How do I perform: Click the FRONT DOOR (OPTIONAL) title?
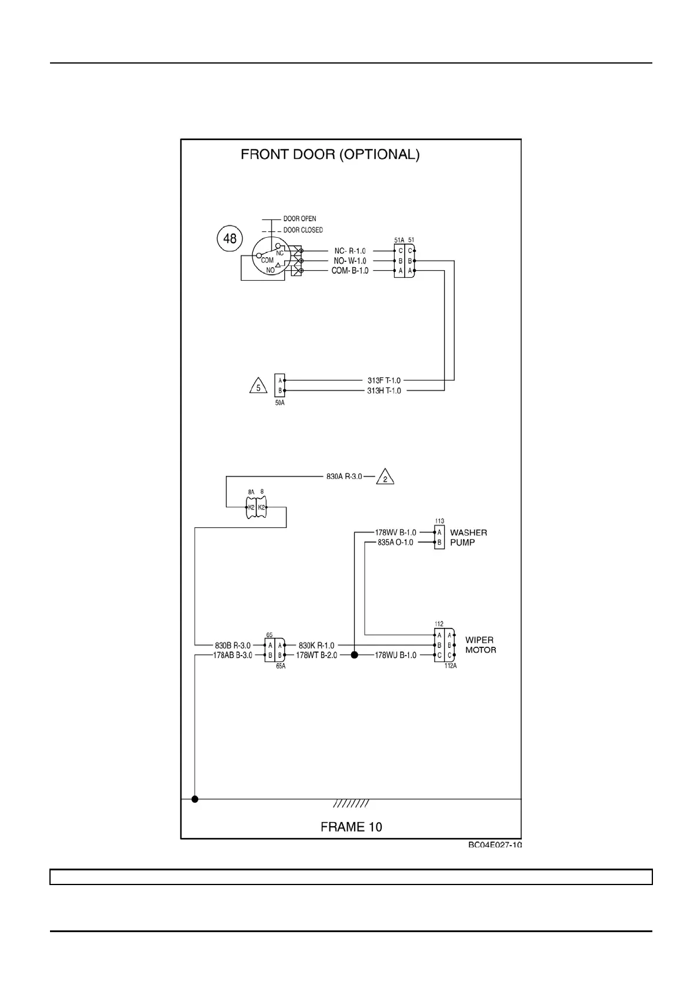pos(330,155)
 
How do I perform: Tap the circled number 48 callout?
pos(229,238)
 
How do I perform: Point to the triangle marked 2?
pos(385,477)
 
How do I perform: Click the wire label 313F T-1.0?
pos(384,380)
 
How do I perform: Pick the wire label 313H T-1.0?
pos(384,391)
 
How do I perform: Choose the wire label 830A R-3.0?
pos(344,476)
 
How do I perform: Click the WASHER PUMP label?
pos(468,537)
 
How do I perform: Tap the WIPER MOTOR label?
pos(481,645)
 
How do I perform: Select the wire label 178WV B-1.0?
pos(395,533)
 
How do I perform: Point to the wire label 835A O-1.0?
pos(395,543)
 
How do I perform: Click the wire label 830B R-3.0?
pos(232,646)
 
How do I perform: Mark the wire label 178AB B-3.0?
pos(232,655)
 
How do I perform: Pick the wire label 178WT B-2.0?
pos(316,655)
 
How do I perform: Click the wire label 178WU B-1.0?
pos(395,655)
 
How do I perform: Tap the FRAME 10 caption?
pos(351,827)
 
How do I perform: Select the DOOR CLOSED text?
pos(303,230)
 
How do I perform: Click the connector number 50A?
pos(280,403)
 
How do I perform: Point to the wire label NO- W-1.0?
pos(350,261)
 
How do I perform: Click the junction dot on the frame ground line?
pos(195,799)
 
